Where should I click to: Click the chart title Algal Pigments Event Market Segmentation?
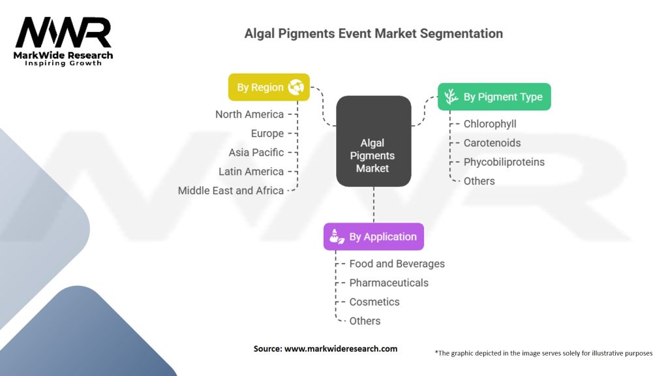click(x=373, y=33)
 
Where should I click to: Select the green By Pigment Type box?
click(x=494, y=97)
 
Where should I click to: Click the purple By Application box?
click(x=373, y=237)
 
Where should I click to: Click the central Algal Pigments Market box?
click(x=373, y=155)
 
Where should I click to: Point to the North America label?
click(x=249, y=114)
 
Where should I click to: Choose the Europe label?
click(x=267, y=133)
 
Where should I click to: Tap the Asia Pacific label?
click(x=256, y=152)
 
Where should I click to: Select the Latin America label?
click(x=251, y=171)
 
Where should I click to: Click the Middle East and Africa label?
click(x=231, y=191)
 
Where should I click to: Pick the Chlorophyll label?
click(x=490, y=123)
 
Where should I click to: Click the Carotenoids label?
click(x=492, y=142)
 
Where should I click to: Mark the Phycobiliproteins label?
click(x=504, y=162)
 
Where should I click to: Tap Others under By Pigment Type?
click(x=479, y=181)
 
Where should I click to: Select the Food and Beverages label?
click(x=397, y=264)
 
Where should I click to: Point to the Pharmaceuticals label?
click(x=389, y=283)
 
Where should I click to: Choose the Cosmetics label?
click(x=374, y=302)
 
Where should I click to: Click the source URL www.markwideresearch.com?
click(x=341, y=349)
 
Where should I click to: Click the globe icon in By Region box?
click(x=296, y=86)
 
